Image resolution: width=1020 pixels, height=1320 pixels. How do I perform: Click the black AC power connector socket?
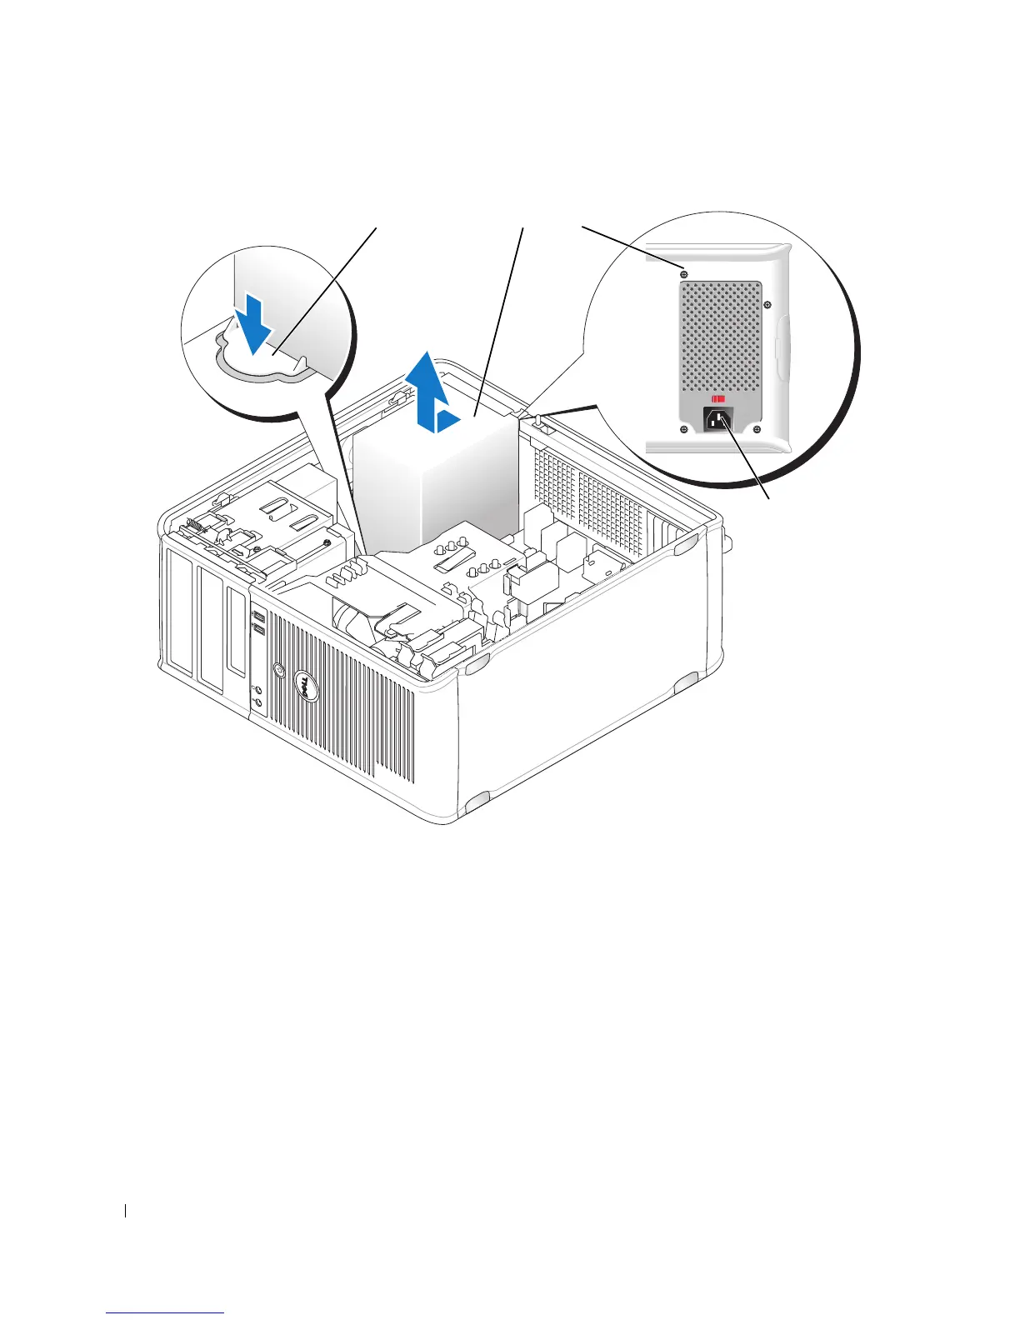coord(718,420)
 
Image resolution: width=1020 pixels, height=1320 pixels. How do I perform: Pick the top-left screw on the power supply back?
coord(683,273)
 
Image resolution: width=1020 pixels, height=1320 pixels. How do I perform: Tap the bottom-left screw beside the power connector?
coord(683,429)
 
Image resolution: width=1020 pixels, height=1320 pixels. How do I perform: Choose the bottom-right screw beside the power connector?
coord(756,429)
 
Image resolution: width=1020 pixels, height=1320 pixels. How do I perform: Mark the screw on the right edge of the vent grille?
coord(767,304)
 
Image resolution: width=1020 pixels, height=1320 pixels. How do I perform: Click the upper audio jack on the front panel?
coord(257,691)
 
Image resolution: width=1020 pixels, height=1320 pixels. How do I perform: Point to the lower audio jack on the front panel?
coord(257,705)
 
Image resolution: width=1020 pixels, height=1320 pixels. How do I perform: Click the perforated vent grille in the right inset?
coord(721,333)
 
